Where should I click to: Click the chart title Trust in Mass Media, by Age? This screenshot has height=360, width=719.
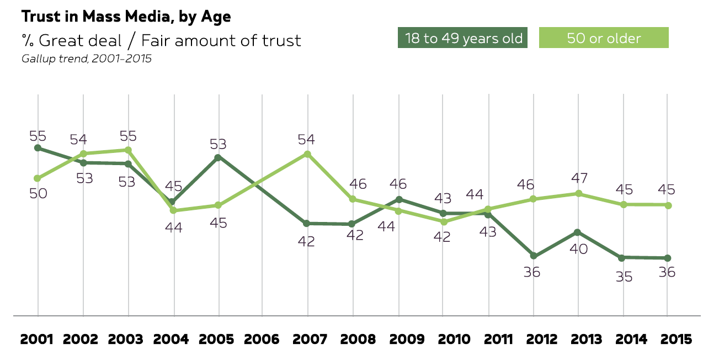(126, 17)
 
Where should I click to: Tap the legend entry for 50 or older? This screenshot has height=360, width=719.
(604, 39)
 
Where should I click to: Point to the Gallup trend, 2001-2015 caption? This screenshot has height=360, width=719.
(86, 59)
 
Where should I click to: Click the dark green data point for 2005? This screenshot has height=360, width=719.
(219, 157)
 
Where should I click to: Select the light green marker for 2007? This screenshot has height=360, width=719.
(308, 154)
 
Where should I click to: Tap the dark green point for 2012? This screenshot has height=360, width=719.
(534, 256)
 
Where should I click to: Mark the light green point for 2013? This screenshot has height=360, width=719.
(578, 194)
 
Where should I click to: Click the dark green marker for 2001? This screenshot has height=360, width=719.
(38, 148)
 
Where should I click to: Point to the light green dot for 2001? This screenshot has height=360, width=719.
(38, 178)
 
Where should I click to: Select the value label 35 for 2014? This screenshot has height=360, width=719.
(625, 277)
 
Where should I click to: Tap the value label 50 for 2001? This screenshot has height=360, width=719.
(38, 194)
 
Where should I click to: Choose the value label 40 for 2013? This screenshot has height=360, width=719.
(578, 248)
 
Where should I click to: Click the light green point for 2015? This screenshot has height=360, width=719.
(668, 205)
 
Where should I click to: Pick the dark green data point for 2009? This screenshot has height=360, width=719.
(398, 199)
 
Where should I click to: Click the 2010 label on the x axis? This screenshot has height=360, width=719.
(444, 339)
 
